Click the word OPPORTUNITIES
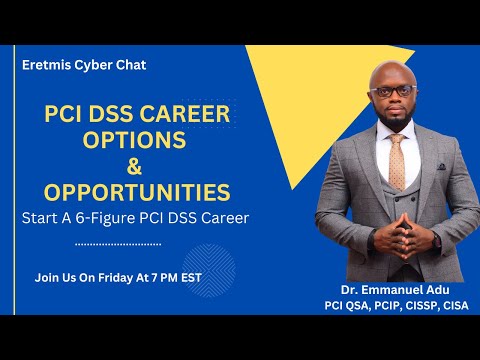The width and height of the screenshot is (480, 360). click(138, 191)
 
